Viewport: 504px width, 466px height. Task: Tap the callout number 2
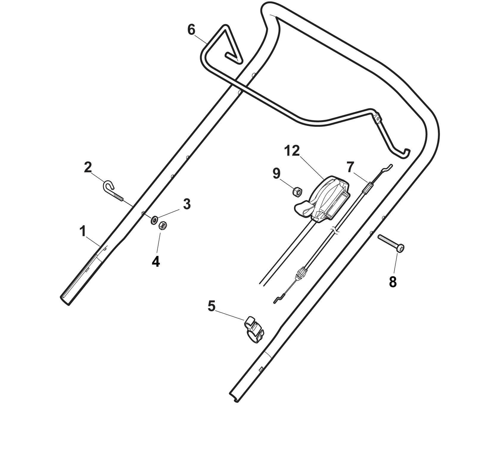[x=88, y=168]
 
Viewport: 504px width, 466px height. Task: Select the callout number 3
[x=186, y=204]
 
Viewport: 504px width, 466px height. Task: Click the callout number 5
[x=211, y=306]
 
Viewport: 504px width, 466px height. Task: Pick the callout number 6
[x=191, y=30]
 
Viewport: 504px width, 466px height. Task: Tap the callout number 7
[x=351, y=167]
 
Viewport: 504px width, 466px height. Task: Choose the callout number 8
[x=393, y=282]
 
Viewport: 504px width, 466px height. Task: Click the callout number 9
[x=276, y=173]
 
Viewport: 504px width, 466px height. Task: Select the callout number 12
[x=292, y=151]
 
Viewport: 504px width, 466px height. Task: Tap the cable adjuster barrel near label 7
[x=367, y=189]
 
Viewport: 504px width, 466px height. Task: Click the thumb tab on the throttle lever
[x=303, y=208]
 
